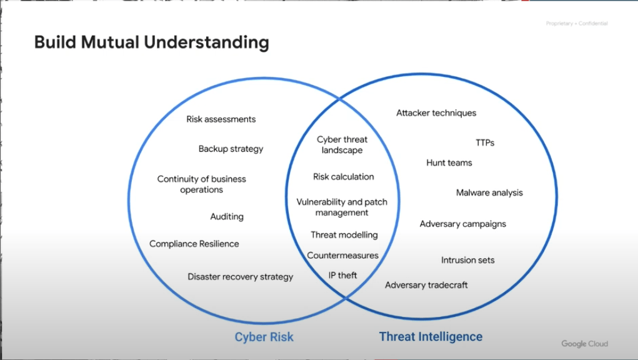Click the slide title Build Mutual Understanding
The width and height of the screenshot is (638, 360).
pyautogui.click(x=151, y=42)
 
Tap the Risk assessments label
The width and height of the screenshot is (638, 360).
pyautogui.click(x=221, y=119)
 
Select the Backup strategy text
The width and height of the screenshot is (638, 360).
pyautogui.click(x=231, y=149)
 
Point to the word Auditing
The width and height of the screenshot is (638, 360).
pyautogui.click(x=227, y=216)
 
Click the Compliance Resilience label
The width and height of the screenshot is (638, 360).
pyautogui.click(x=194, y=244)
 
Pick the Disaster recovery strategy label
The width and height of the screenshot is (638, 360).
pyautogui.click(x=240, y=276)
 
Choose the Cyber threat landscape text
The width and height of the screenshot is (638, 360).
pyautogui.click(x=342, y=144)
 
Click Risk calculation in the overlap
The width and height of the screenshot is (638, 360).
pyautogui.click(x=343, y=177)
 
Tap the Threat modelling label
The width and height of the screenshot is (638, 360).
pyautogui.click(x=344, y=235)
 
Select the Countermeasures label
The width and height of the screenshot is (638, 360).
pyautogui.click(x=342, y=255)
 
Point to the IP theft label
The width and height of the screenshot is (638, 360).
pyautogui.click(x=342, y=275)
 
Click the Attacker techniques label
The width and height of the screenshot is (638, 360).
pyautogui.click(x=436, y=113)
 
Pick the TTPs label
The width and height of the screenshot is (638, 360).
pyautogui.click(x=484, y=142)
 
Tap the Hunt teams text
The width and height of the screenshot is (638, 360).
pyautogui.click(x=449, y=162)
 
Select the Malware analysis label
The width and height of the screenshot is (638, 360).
pyautogui.click(x=489, y=192)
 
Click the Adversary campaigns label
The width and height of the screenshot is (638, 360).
pyautogui.click(x=462, y=224)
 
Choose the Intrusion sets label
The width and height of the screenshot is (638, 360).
pyautogui.click(x=467, y=260)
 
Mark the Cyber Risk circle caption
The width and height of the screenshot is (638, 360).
pyautogui.click(x=264, y=337)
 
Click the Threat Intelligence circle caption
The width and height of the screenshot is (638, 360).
pyautogui.click(x=431, y=336)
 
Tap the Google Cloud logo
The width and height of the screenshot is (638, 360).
pyautogui.click(x=584, y=344)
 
